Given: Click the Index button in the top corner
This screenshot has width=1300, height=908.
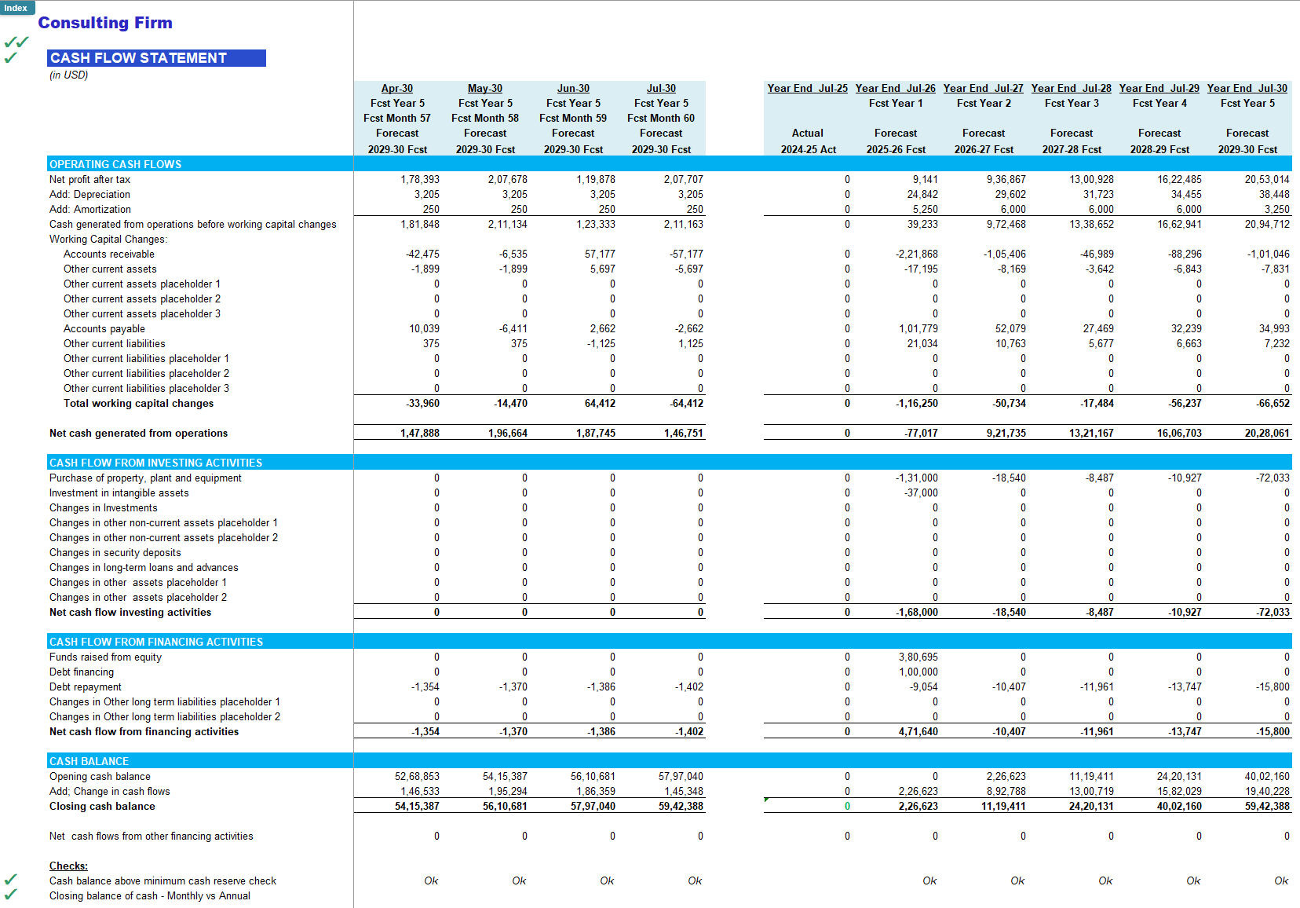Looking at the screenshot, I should [x=16, y=7].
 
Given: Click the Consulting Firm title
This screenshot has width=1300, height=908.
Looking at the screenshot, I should [x=105, y=23].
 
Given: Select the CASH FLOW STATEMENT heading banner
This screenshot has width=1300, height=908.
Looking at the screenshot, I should [x=156, y=58].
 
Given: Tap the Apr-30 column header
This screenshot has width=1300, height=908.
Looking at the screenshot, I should [x=396, y=89].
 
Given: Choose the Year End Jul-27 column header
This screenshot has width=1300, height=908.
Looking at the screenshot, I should [x=983, y=89].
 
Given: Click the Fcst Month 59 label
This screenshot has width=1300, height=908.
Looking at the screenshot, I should [x=572, y=118].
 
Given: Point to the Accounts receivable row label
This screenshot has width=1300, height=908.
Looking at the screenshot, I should [x=109, y=254].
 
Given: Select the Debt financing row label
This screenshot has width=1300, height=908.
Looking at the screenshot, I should [x=82, y=672].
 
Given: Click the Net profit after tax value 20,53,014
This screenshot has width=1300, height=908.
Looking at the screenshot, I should [x=1266, y=180].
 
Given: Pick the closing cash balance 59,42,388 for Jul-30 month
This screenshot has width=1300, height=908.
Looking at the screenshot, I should [x=681, y=807].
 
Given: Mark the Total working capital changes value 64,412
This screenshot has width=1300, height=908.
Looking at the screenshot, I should [x=600, y=404].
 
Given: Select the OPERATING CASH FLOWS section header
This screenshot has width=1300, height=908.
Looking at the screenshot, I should [x=115, y=164].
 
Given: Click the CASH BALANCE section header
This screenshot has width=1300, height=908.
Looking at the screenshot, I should [x=89, y=761].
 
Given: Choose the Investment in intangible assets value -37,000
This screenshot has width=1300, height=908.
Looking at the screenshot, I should [x=921, y=493].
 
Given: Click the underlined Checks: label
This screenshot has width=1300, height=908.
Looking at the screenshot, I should [x=68, y=866].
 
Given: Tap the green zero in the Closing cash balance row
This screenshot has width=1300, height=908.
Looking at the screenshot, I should [x=847, y=807].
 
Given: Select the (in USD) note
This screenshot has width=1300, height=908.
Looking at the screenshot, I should [x=68, y=75].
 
